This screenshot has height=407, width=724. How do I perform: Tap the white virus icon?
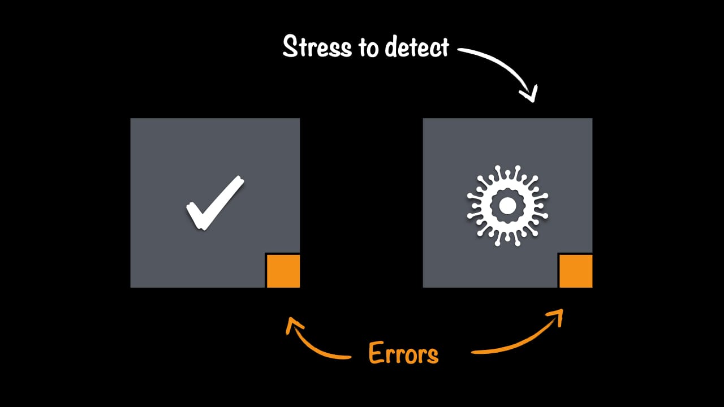[507, 206]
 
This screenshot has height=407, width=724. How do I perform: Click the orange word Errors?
[403, 354]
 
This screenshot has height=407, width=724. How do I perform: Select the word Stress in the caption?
[317, 47]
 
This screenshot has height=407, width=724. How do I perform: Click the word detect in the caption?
[416, 47]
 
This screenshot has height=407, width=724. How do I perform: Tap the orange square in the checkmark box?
[283, 271]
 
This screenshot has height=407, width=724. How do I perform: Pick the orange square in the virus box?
[576, 271]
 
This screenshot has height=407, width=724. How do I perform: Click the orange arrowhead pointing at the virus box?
[558, 315]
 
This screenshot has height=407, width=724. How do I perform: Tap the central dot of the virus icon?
[507, 206]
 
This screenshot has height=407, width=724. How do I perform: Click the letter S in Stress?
[290, 47]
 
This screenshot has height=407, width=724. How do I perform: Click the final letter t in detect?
[443, 47]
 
